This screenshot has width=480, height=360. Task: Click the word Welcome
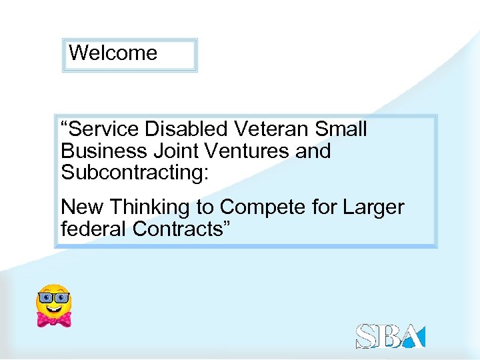pyautogui.click(x=113, y=53)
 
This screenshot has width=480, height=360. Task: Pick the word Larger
pyautogui.click(x=373, y=207)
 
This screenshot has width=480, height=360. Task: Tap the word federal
pyautogui.click(x=94, y=229)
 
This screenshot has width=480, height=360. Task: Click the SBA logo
pyautogui.click(x=390, y=336)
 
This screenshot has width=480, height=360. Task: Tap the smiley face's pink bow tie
pyautogui.click(x=54, y=319)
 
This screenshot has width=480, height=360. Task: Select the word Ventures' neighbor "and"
pyautogui.click(x=313, y=151)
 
